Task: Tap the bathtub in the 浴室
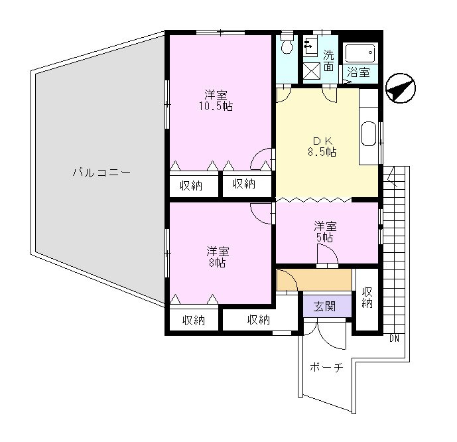pos(360,53)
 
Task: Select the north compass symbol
pos(401,88)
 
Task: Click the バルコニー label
pos(101,173)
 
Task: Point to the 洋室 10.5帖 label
pos(216,101)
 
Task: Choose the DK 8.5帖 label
pos(322,147)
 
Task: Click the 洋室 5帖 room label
pos(325,232)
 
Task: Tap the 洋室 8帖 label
pos(218,257)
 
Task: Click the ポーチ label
pos(326,368)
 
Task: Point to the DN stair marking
pos(394,338)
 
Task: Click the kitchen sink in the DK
pos(368,134)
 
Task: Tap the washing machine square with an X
pos(312,72)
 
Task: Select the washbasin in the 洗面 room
pos(310,46)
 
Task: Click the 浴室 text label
pos(358,72)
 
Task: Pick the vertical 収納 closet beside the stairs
pos(367,299)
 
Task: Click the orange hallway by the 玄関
pos(314,279)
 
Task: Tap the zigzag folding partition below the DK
pos(314,199)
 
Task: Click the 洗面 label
pos(328,60)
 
